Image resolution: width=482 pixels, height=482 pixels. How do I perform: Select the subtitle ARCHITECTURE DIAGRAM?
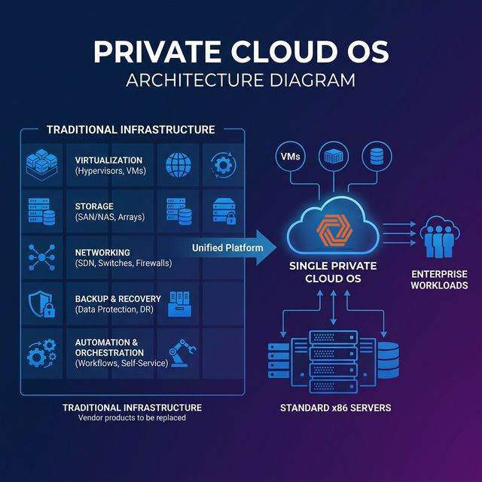pyautogui.click(x=241, y=80)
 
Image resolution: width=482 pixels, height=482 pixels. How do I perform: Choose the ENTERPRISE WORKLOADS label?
pyautogui.click(x=439, y=279)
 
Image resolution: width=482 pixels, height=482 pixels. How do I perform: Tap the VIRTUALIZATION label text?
pyautogui.click(x=108, y=160)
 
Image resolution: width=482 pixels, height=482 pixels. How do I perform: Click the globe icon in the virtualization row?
pyautogui.click(x=178, y=165)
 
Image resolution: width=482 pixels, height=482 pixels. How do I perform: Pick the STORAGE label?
pyautogui.click(x=95, y=206)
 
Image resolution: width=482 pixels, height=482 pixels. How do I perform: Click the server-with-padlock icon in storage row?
pyautogui.click(x=224, y=212)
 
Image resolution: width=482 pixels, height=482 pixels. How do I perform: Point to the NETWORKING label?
pyautogui.click(x=102, y=252)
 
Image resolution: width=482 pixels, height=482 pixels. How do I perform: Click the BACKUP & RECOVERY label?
pyautogui.click(x=117, y=298)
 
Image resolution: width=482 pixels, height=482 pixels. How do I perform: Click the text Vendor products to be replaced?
pyautogui.click(x=132, y=417)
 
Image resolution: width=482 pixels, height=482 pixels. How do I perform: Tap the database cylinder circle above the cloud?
pyautogui.click(x=376, y=157)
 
